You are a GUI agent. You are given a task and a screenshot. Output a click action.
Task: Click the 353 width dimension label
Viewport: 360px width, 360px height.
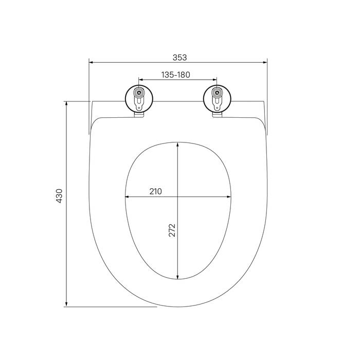coord(180,58)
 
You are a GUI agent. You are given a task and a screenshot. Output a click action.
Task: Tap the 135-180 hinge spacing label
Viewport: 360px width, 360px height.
coord(176,75)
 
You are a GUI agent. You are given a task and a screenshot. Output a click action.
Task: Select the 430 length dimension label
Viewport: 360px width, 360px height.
coord(59,196)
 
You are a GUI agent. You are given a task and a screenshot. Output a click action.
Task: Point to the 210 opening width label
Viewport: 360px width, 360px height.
coord(156,191)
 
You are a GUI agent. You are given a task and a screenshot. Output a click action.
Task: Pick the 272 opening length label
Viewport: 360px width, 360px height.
coord(172,230)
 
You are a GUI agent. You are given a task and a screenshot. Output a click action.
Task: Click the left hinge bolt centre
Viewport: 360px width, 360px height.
coord(139,93)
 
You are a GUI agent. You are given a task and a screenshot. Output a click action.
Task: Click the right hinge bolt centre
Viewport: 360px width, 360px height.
coord(217,93)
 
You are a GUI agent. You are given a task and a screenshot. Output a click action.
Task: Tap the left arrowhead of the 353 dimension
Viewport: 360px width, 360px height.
coord(91,62)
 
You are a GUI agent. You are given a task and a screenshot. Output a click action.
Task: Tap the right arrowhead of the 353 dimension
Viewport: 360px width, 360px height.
coord(265,62)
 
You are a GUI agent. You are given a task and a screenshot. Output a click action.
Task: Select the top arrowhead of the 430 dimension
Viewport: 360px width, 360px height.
coord(66,103)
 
